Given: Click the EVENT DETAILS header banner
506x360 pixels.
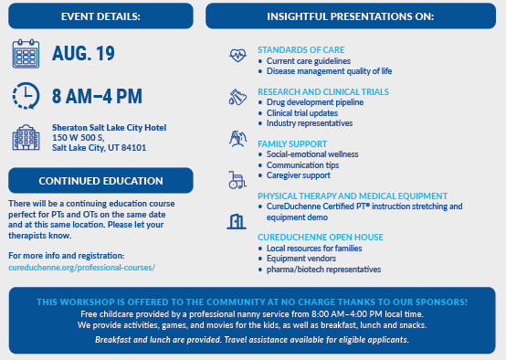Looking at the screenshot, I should pyautogui.click(x=100, y=16).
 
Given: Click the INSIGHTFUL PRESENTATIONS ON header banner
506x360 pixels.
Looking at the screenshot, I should pyautogui.click(x=351, y=16).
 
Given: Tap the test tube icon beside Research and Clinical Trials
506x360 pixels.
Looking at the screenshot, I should pyautogui.click(x=237, y=97).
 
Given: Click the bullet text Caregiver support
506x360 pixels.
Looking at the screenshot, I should pyautogui.click(x=301, y=174).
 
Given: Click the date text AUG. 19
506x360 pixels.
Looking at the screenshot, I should pyautogui.click(x=83, y=54).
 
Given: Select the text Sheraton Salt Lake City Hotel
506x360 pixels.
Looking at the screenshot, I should pyautogui.click(x=103, y=129).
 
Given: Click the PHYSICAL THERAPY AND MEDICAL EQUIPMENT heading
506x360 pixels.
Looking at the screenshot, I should pyautogui.click(x=352, y=196).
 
